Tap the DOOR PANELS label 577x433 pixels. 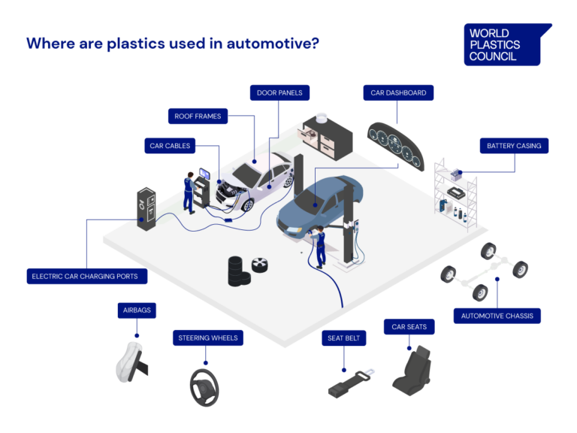pos(279,93)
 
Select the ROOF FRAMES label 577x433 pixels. pos(198,117)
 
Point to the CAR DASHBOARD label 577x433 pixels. pos(398,93)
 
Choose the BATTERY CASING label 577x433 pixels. pos(514,146)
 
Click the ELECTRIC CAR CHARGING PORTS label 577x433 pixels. pos(86,277)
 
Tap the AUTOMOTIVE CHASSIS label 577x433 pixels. pos(497,316)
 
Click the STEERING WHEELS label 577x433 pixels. pos(208,338)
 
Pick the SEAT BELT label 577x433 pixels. pos(344,338)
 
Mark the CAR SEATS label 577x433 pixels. pos(409,327)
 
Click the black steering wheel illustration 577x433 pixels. pos(204,385)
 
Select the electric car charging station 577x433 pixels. pos(146,209)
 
